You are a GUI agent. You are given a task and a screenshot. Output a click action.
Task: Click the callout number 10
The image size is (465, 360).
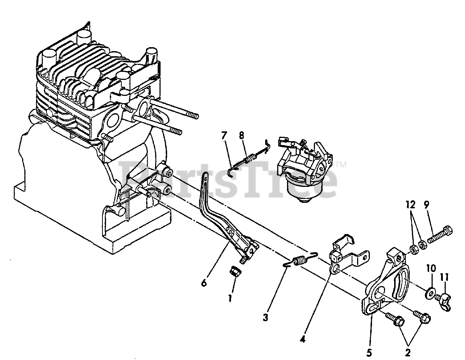click(x=432, y=269)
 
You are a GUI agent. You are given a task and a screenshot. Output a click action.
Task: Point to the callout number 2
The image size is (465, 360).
click(x=408, y=351)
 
